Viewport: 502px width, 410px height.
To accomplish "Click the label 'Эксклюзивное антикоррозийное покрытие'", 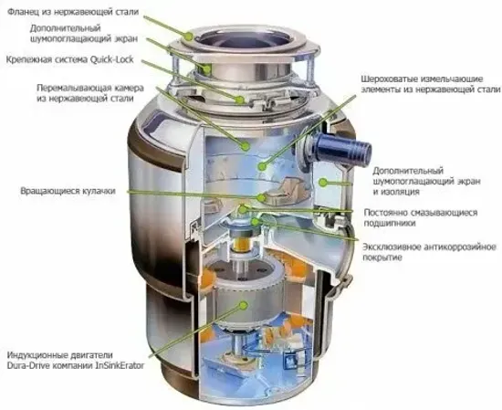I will click(x=427, y=253).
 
